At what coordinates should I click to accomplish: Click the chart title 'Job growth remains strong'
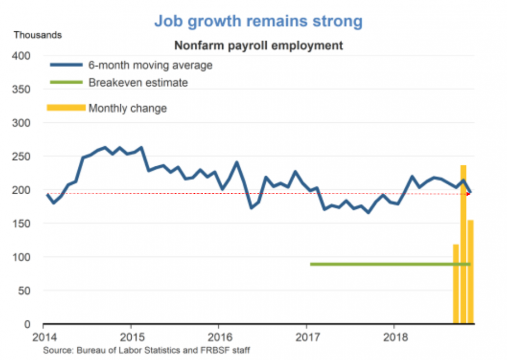(x=258, y=21)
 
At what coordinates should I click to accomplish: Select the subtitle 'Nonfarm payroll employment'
(x=258, y=45)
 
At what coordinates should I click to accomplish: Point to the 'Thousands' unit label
(x=37, y=35)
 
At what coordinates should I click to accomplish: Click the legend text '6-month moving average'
(x=150, y=65)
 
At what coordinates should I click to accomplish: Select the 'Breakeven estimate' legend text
(x=138, y=82)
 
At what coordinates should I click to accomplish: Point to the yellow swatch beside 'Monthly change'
(x=66, y=108)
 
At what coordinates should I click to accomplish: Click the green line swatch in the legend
(x=66, y=82)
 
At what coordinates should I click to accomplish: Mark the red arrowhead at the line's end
(x=469, y=193)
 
